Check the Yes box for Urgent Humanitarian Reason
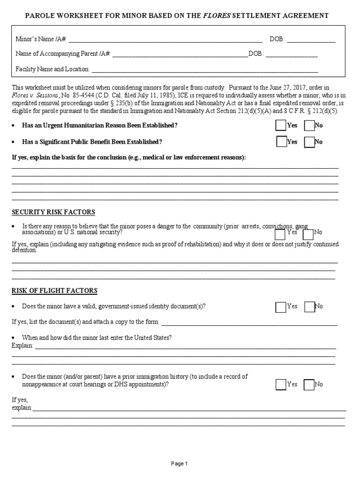281,126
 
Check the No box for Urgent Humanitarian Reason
309,126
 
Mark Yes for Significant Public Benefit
281,142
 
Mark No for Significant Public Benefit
309,142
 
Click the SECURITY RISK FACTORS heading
53,212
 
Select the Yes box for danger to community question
280,234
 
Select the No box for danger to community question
308,234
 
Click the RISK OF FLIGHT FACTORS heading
54,291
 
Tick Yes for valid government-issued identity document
281,307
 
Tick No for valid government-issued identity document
309,307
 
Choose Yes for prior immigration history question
281,385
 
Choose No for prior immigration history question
308,385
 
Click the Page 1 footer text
180,464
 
